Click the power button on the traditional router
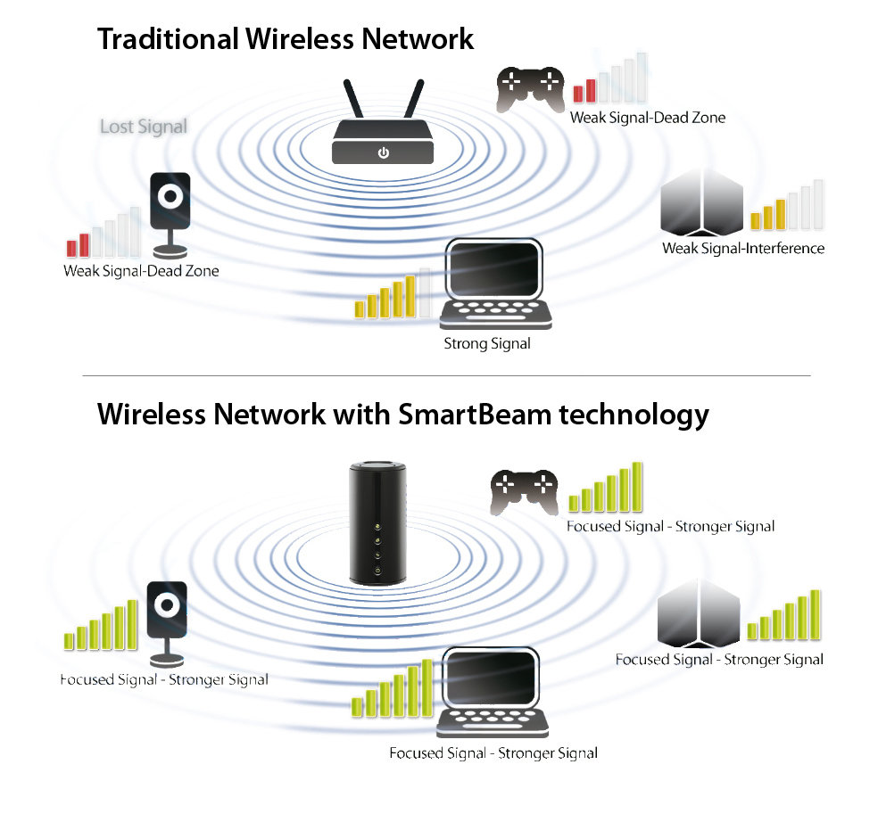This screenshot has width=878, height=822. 383,153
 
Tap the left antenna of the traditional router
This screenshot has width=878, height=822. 353,101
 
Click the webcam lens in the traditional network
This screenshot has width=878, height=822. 170,194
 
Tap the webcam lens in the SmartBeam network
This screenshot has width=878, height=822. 168,607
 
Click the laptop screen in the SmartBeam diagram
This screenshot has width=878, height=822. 493,680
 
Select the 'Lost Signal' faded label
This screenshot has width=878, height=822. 144,127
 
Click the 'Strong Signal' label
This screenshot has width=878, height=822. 486,343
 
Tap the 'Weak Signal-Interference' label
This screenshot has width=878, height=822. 743,248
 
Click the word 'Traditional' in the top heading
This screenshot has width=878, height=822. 167,39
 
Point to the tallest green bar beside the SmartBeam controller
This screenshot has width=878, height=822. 637,485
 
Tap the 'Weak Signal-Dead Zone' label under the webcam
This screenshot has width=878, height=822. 141,270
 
